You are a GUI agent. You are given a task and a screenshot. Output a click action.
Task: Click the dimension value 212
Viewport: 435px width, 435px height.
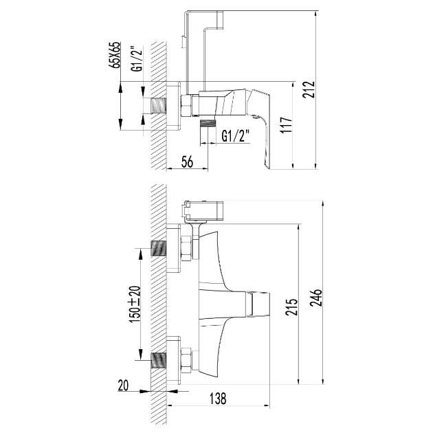pyautogui.click(x=309, y=89)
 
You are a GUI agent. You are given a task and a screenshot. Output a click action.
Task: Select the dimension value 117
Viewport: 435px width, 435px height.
pyautogui.click(x=286, y=125)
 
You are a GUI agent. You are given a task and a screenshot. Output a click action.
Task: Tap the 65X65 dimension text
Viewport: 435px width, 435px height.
pyautogui.click(x=115, y=55)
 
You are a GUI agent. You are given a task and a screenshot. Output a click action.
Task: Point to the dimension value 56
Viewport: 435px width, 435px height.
pyautogui.click(x=187, y=161)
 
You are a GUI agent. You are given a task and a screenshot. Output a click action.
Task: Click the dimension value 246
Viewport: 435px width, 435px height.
pyautogui.click(x=316, y=298)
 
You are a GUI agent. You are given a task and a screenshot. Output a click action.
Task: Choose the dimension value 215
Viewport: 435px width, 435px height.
pyautogui.click(x=291, y=306)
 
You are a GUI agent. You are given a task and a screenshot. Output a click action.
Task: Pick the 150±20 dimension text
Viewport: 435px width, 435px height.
pyautogui.click(x=135, y=304)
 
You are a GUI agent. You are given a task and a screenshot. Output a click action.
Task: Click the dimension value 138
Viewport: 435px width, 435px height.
pyautogui.click(x=218, y=399)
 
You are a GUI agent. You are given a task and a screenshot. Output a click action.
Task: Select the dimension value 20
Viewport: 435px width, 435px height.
pyautogui.click(x=124, y=386)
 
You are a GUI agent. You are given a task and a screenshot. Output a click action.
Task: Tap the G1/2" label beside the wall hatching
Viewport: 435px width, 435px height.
pyautogui.click(x=137, y=58)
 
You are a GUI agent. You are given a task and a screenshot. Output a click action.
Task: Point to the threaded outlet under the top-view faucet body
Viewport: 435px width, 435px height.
pyautogui.click(x=208, y=123)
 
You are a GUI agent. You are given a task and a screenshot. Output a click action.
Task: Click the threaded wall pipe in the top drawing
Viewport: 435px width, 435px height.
pyautogui.click(x=159, y=106)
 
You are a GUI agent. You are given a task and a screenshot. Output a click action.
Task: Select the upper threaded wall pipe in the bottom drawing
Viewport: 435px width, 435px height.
pyautogui.click(x=159, y=248)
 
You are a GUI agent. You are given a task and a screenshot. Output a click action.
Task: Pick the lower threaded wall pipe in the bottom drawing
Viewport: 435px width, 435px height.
pyautogui.click(x=159, y=360)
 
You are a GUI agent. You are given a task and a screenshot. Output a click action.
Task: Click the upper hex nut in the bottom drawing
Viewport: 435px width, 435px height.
pyautogui.click(x=186, y=248)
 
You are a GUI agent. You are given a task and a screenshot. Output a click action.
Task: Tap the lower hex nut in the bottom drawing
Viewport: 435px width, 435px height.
pyautogui.click(x=186, y=359)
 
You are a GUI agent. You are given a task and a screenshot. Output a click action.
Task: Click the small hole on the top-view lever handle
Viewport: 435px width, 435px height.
pyautogui.click(x=255, y=118)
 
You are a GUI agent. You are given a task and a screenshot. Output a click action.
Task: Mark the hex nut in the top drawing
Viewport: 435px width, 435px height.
pyautogui.click(x=186, y=105)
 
